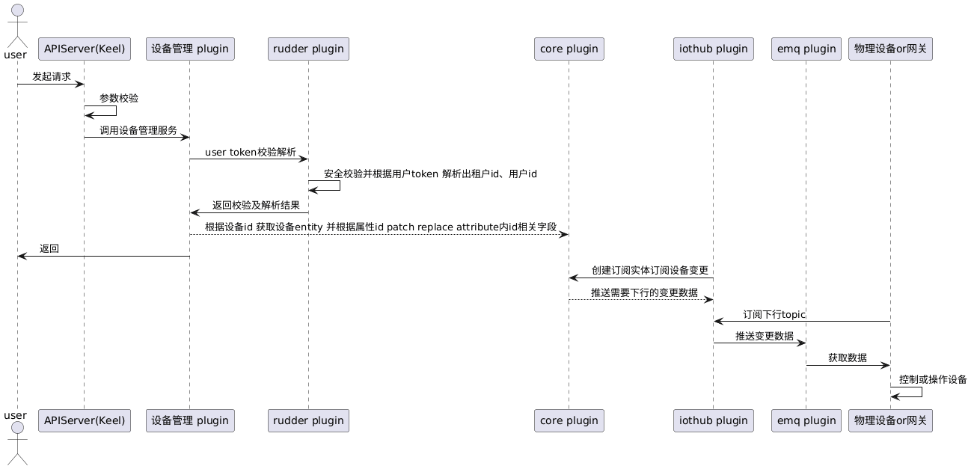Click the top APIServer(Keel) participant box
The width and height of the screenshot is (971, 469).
point(84,49)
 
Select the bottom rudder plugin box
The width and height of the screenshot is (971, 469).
point(308,420)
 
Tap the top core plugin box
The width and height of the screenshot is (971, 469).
point(569,49)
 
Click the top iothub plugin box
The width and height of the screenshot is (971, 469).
point(713,49)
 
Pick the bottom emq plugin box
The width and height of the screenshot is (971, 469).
point(806,420)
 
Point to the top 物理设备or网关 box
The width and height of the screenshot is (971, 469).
point(890,49)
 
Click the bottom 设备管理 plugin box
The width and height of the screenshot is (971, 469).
point(189,420)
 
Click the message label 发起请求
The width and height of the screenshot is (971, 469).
point(51,76)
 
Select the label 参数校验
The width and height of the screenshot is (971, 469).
point(119,98)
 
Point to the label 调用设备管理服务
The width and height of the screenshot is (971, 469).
point(138,130)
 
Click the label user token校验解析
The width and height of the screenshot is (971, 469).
point(250,152)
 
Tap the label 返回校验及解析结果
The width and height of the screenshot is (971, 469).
point(256,205)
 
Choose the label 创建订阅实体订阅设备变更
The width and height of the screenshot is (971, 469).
point(649,270)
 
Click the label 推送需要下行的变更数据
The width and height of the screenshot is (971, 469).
point(644,292)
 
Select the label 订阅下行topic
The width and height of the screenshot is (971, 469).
point(774,314)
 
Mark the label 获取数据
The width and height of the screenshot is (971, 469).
point(847,358)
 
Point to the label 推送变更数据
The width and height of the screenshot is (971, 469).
point(764,336)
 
